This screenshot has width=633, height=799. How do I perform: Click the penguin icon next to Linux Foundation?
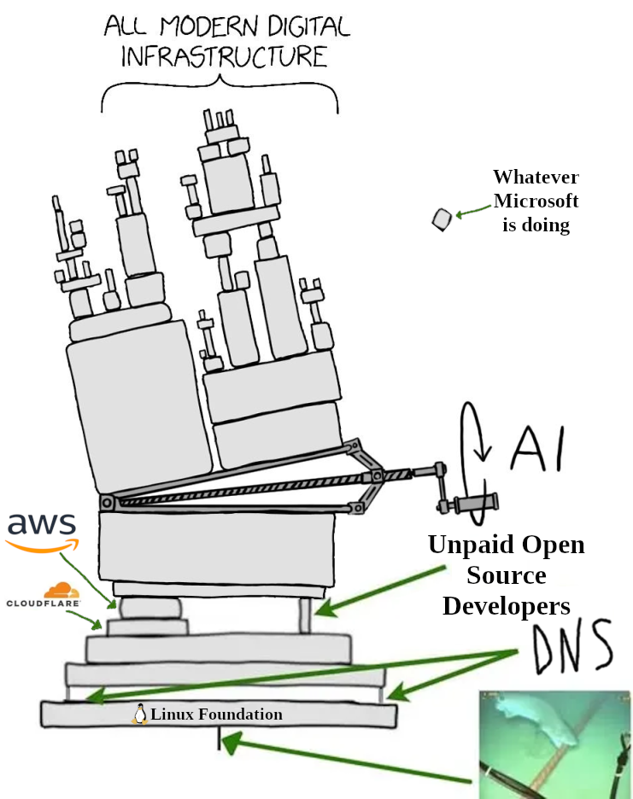click(x=139, y=714)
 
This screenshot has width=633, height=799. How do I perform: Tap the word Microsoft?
click(x=536, y=201)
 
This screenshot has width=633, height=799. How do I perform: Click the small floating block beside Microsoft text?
click(x=442, y=219)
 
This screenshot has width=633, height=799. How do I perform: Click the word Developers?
click(x=506, y=606)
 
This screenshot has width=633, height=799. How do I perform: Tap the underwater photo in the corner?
click(x=555, y=744)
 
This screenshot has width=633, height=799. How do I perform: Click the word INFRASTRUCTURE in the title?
click(x=224, y=57)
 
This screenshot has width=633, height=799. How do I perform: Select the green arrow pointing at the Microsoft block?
click(x=472, y=213)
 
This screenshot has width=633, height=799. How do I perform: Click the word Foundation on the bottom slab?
click(x=240, y=714)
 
